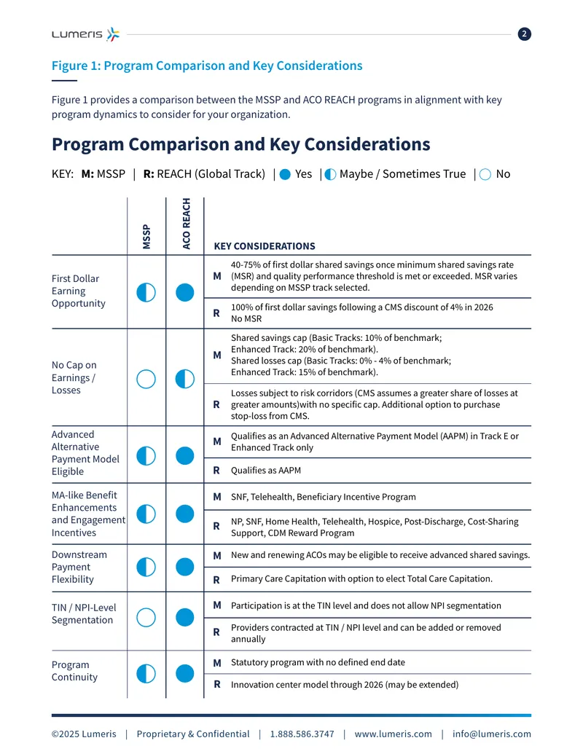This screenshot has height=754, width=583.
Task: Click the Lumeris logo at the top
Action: coord(85,34)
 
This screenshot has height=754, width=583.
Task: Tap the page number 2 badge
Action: coord(524,34)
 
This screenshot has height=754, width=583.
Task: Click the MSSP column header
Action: coord(146,237)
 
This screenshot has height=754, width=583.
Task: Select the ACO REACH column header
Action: coord(186,224)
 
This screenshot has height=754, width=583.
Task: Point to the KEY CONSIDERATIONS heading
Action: coord(265,246)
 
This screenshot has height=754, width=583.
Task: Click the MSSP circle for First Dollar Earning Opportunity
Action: coord(146,292)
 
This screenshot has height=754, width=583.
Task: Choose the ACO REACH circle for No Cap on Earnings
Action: coord(184,379)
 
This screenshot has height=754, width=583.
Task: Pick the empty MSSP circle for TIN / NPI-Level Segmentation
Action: coord(146,618)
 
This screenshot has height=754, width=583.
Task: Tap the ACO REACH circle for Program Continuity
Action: coord(184,673)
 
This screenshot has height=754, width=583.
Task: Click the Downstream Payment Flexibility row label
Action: coord(79,567)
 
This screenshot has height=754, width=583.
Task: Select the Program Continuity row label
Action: coord(74,671)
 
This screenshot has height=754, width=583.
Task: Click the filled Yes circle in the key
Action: coord(285,175)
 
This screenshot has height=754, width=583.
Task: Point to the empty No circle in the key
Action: coord(485,175)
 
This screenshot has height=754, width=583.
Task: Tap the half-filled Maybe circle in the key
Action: coord(330,175)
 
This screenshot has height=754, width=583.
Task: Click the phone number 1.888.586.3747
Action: coord(302,734)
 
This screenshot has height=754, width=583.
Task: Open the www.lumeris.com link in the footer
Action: coord(393,734)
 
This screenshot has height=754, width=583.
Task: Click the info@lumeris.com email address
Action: coord(492,734)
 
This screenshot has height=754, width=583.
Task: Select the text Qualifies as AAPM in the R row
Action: coord(266,471)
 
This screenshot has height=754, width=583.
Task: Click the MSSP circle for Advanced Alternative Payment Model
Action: coord(146,456)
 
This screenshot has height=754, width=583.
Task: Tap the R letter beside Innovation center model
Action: coord(217,684)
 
